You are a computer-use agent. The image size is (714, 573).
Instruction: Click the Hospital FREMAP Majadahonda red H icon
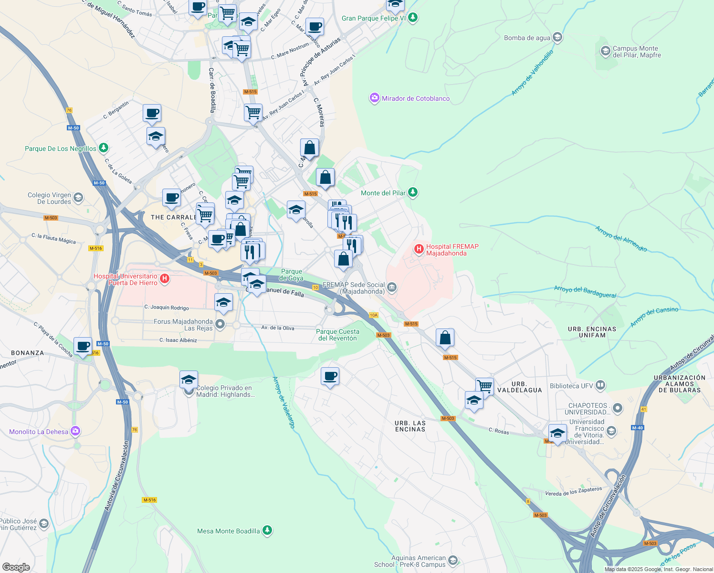tap(419, 249)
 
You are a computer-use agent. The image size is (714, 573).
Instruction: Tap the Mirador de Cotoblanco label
tap(415, 98)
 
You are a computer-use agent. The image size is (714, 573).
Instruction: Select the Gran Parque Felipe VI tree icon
tap(413, 18)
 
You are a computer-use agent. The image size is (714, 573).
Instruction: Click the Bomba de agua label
tap(527, 38)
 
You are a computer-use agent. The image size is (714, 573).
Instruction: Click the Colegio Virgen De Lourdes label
tap(49, 198)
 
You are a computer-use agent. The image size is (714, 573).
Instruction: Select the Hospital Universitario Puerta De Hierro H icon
tap(165, 278)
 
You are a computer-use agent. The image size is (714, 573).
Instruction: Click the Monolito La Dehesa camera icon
tap(75, 431)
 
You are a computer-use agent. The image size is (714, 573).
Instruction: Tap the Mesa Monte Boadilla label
tap(229, 531)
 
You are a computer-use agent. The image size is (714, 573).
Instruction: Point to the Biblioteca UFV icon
tap(600, 385)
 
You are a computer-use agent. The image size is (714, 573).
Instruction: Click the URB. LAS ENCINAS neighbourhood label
tap(410, 426)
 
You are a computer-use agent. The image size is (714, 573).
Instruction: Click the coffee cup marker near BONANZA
tap(83, 346)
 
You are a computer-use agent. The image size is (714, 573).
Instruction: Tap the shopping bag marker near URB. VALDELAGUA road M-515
tap(445, 338)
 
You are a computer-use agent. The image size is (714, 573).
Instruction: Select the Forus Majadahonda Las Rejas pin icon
tap(220, 325)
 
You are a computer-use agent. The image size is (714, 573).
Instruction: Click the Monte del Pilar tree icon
tap(413, 192)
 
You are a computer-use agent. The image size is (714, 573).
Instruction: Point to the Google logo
tap(16, 567)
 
